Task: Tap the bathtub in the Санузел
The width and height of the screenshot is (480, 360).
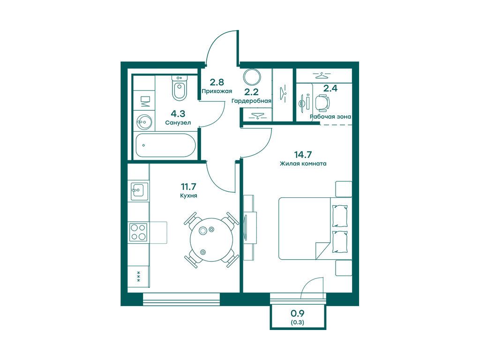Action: tap(165, 145)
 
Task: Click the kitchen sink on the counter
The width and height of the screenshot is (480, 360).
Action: tap(139, 192)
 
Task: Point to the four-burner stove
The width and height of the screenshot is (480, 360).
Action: tap(138, 232)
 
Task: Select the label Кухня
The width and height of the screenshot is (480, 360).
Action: tap(188, 195)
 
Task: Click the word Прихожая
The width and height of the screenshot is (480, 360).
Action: tap(217, 91)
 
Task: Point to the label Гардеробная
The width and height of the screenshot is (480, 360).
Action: tap(251, 101)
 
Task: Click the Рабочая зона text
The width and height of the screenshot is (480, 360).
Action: tap(330, 117)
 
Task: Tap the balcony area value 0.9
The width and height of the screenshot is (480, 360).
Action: tap(297, 313)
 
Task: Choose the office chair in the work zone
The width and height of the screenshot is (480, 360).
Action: tap(322, 103)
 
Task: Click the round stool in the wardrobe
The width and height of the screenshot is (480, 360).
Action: tap(252, 77)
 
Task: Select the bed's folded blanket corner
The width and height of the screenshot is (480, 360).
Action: tap(322, 250)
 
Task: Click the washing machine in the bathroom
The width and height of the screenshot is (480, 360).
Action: tap(144, 101)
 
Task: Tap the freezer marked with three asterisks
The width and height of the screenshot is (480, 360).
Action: tap(138, 277)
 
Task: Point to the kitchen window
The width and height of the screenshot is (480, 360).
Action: tap(181, 299)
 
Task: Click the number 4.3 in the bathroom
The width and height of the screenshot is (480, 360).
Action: tap(178, 114)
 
